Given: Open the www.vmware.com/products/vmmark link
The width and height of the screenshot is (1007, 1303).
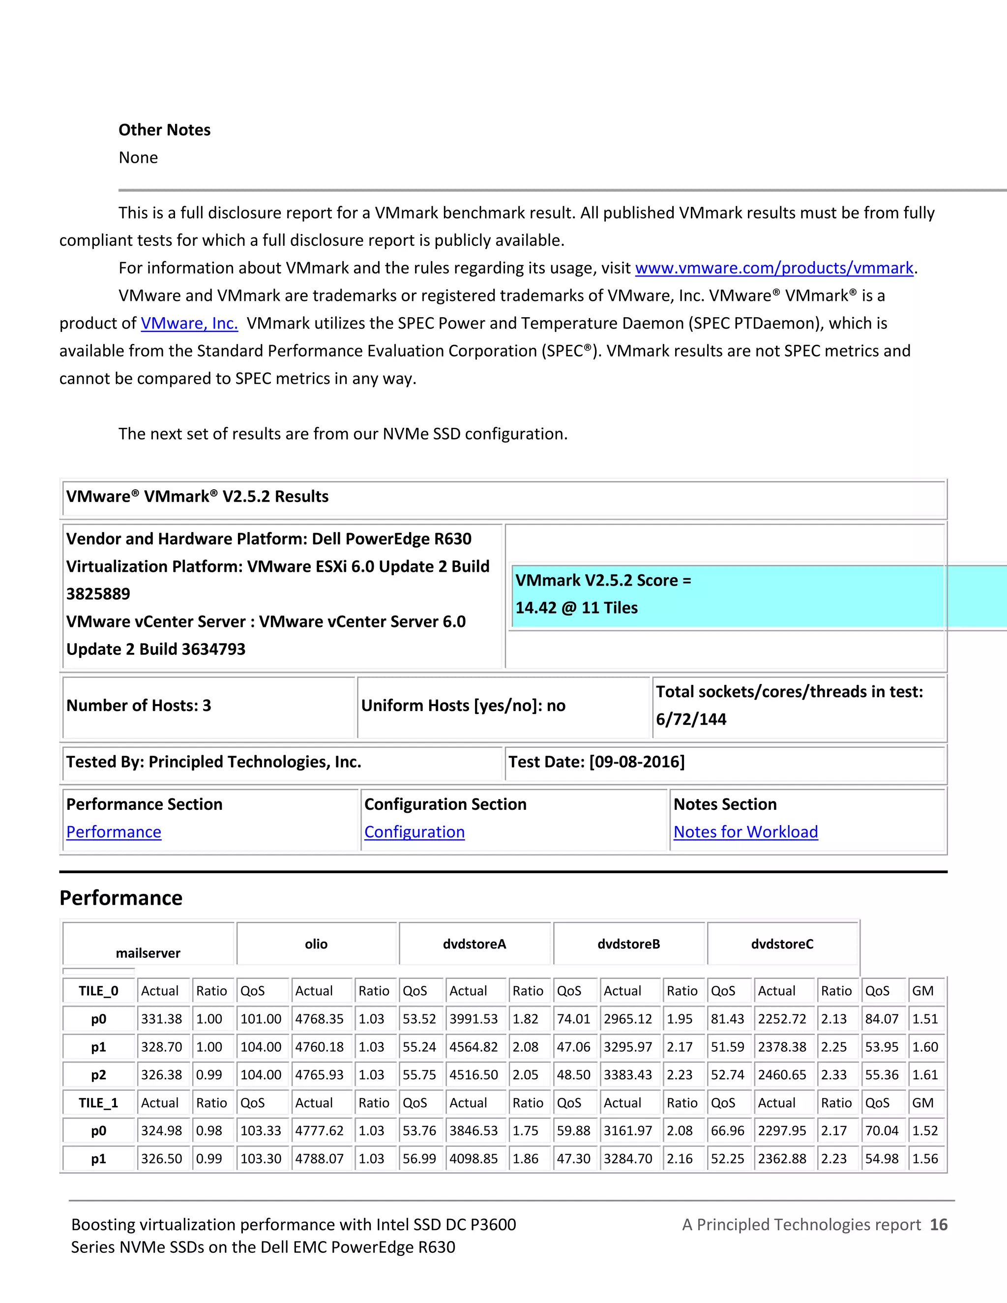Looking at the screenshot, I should tap(774, 268).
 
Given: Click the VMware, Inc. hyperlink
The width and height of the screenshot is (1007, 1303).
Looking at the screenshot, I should tap(189, 324).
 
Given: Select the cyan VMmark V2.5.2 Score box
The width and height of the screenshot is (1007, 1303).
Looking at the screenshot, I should tap(728, 594).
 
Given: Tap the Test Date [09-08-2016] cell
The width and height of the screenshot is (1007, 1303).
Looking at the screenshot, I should tap(596, 762).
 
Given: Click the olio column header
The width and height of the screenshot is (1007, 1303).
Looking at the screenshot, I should tap(316, 944).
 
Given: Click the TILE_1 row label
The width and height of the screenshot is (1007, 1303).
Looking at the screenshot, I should tap(98, 1103).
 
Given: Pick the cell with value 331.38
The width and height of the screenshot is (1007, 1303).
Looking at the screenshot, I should tap(161, 1019).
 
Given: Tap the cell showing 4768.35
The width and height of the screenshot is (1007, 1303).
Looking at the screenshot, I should tap(319, 1019).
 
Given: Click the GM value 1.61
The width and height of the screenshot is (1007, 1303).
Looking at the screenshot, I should tap(925, 1075).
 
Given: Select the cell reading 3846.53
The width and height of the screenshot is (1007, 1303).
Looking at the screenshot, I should tap(473, 1131).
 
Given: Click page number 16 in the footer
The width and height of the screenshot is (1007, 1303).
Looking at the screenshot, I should tap(938, 1225).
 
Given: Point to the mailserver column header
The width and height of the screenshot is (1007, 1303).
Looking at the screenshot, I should tap(148, 953).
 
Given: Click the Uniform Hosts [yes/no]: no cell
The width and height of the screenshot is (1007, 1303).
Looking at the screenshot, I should tap(463, 706).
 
